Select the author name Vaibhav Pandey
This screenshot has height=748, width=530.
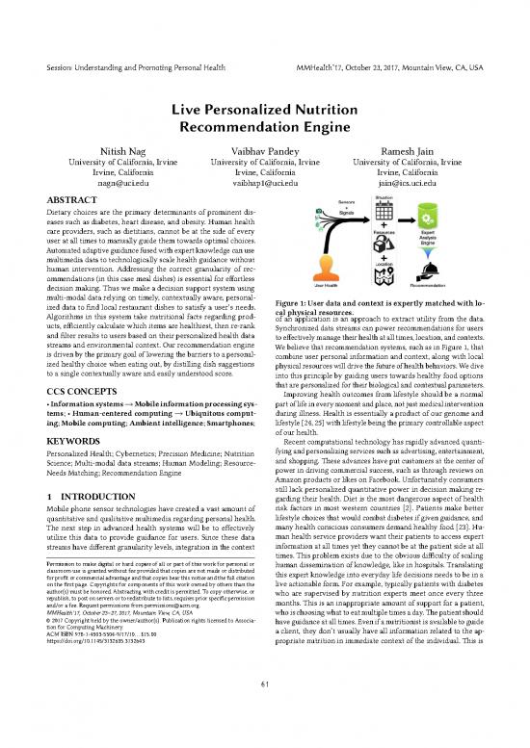[x=265, y=151]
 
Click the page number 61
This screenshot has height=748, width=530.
[x=264, y=711]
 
